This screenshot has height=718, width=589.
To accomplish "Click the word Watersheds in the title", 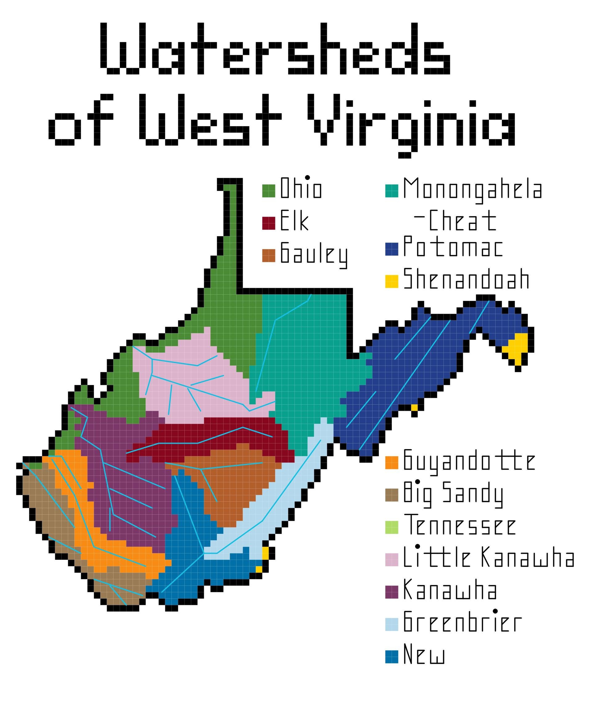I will pyautogui.click(x=275, y=49).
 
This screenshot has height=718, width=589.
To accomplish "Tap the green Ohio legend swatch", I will pyautogui.click(x=268, y=190).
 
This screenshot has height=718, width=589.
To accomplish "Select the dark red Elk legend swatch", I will pyautogui.click(x=268, y=223).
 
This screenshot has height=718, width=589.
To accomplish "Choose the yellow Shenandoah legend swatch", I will pyautogui.click(x=392, y=281).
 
